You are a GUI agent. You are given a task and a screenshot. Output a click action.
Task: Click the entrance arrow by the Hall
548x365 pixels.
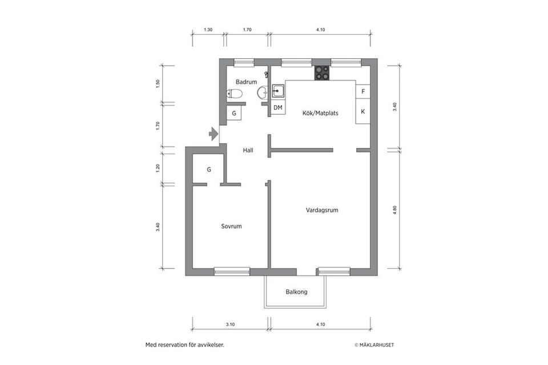click(x=213, y=134)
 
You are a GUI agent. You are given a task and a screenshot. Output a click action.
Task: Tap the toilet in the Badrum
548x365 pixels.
click(x=235, y=94)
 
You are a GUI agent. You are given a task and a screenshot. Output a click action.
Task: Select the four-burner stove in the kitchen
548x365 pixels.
click(x=322, y=73)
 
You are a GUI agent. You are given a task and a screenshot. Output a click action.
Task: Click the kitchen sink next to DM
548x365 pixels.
click(x=278, y=91)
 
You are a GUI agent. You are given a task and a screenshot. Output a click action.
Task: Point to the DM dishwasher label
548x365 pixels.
click(x=278, y=108)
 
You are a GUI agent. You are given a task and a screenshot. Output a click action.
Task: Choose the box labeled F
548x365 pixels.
click(x=363, y=91)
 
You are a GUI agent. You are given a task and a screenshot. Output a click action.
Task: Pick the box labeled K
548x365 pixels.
click(x=363, y=111)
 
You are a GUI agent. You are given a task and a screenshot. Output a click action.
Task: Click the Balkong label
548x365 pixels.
click(x=296, y=291)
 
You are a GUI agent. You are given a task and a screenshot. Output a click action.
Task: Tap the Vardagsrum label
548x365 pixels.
click(x=322, y=210)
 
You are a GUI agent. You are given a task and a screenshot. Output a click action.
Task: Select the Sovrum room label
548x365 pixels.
click(x=231, y=226)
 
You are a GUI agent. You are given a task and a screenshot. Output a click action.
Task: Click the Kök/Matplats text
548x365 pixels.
click(x=320, y=113)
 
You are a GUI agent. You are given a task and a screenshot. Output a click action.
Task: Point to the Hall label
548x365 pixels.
click(x=248, y=150)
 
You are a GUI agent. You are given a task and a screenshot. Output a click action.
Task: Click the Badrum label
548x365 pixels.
click(x=246, y=82)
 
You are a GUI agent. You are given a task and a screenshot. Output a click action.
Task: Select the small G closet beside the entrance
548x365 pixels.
click(x=234, y=113)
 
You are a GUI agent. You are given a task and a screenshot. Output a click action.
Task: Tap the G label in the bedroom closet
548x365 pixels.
click(x=209, y=170)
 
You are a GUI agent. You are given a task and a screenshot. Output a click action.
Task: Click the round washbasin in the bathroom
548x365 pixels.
click(x=263, y=93)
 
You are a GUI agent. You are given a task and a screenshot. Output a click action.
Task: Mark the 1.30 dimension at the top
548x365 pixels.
click(x=208, y=30)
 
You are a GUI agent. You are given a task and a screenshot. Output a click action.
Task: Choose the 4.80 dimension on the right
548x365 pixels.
click(x=395, y=210)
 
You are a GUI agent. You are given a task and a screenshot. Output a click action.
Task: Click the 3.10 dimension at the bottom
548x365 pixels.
click(x=230, y=324)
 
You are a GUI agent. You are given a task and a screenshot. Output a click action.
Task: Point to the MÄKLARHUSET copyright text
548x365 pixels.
click(x=374, y=345)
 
